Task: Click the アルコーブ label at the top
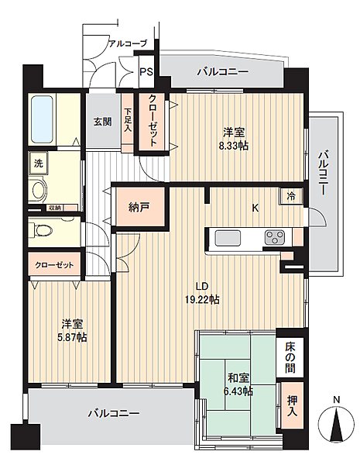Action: tap(126, 45)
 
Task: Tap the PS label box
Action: tap(146, 74)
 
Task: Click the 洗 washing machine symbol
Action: tap(37, 164)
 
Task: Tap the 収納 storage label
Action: tap(53, 207)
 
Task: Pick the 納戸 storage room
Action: tap(139, 208)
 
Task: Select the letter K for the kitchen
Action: tap(254, 207)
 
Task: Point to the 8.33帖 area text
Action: tap(232, 145)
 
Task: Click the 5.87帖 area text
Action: tap(70, 337)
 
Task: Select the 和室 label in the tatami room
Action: tap(238, 378)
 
